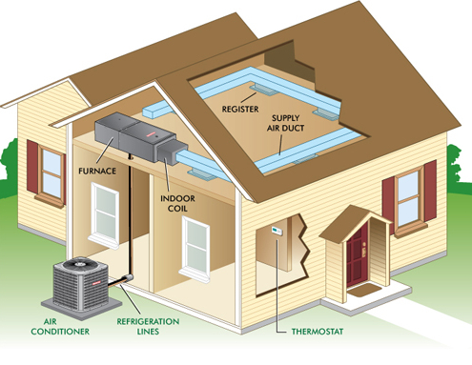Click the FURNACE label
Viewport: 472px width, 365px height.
tap(97, 171)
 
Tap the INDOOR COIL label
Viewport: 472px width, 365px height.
tap(177, 204)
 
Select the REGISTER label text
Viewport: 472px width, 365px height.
tap(240, 110)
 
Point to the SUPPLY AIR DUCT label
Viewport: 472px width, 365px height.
tap(285, 123)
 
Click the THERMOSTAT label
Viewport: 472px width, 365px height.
tap(318, 332)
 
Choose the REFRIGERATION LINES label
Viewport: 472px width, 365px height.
tap(148, 326)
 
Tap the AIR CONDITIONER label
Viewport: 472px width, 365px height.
tap(60, 327)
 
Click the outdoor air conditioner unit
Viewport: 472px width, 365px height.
tap(81, 284)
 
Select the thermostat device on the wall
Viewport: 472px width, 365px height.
tap(277, 231)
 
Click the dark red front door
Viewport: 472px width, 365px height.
tap(358, 254)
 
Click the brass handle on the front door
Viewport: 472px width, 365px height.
tap(363, 250)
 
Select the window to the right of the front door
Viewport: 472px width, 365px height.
tap(409, 198)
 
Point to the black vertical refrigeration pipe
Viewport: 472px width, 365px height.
tap(130, 216)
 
